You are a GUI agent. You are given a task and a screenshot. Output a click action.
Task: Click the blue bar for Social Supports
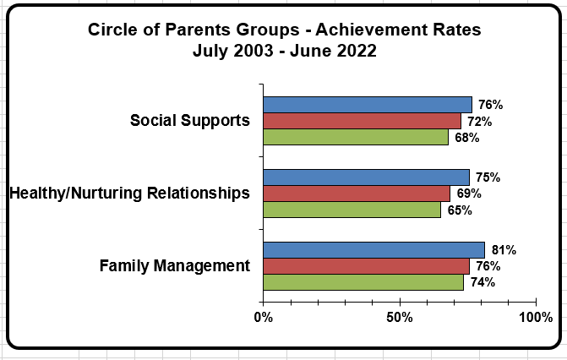point(368,105)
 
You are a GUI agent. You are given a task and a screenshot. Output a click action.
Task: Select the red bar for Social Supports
point(362,121)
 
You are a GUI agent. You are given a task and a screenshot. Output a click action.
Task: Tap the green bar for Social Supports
point(356,137)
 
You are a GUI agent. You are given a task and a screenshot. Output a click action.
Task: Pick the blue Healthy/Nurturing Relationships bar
point(366,177)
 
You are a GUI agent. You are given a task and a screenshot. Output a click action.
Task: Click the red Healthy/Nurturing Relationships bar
point(357,194)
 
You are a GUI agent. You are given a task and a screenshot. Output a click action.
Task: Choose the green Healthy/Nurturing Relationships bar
point(352,210)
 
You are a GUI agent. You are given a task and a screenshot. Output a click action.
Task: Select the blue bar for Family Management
point(373,250)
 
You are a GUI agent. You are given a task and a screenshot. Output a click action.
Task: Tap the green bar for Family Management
point(363,282)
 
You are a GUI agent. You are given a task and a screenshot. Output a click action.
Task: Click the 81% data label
point(504,250)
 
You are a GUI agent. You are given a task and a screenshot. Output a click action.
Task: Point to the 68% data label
point(466,138)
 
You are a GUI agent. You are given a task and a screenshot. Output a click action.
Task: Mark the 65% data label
point(460,210)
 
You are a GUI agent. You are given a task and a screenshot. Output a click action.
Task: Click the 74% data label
point(482,282)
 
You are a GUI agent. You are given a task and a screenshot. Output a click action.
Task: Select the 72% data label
point(479,122)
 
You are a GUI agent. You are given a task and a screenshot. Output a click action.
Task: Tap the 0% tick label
point(264,317)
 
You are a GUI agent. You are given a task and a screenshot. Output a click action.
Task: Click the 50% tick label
point(400,317)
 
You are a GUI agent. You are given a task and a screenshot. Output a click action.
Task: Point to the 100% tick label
point(536,317)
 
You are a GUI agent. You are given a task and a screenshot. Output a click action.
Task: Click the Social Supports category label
point(190,121)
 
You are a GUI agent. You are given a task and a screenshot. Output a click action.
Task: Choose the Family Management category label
point(175,266)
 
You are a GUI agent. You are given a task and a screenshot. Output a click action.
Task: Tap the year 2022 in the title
point(357,51)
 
